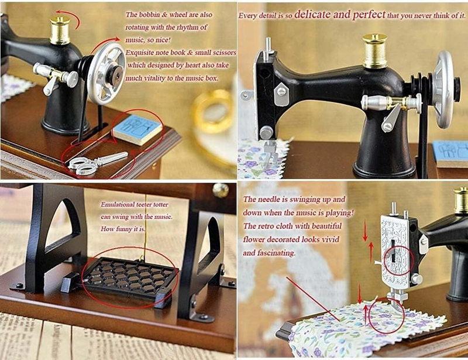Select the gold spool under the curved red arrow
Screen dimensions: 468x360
coord(60,30)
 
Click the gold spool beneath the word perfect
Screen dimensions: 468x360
coord(374,50)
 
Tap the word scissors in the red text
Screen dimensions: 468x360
coord(224,53)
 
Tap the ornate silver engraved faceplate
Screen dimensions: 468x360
coord(395,252)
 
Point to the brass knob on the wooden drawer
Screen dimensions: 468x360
coord(221,190)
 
